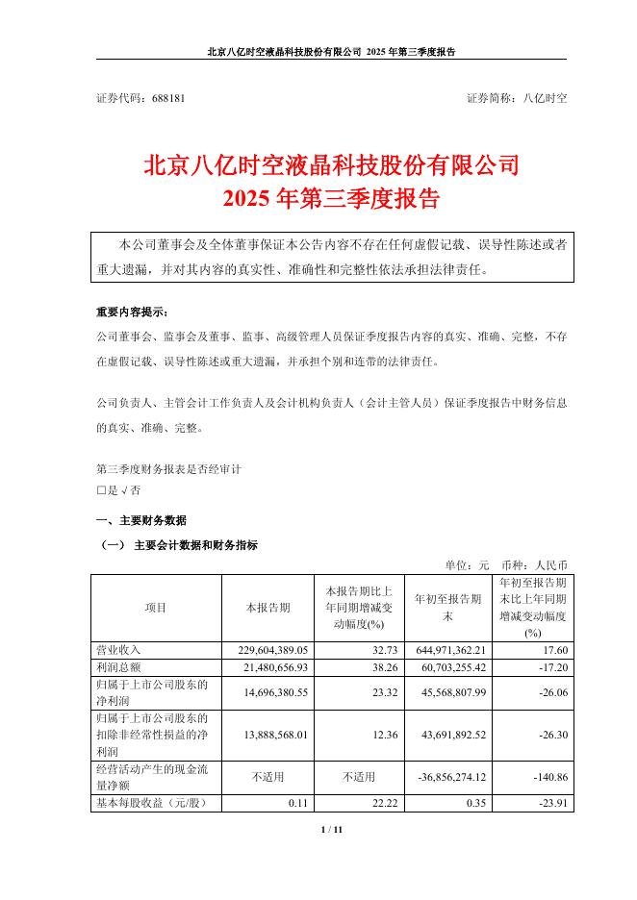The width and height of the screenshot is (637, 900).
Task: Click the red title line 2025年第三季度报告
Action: (x=331, y=199)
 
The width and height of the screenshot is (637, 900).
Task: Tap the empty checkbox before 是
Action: (x=101, y=490)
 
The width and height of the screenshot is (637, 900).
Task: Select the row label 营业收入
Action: (x=118, y=651)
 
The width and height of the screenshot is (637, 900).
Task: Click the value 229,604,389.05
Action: (x=278, y=651)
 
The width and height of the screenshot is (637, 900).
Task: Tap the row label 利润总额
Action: (x=118, y=667)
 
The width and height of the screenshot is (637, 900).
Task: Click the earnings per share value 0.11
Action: (x=299, y=802)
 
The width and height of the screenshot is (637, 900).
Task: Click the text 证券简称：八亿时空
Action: (x=517, y=98)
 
